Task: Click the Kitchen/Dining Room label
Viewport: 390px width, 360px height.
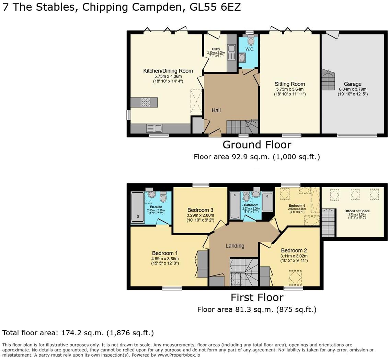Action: click(168, 71)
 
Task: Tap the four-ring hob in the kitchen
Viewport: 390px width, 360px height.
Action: click(146, 102)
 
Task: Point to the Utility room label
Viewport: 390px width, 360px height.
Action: click(216, 49)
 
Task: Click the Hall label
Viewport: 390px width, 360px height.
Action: click(216, 110)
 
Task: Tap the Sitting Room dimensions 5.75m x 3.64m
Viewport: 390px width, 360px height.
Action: click(290, 89)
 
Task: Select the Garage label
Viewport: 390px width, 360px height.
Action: click(353, 84)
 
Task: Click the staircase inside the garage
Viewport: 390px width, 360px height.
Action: click(328, 79)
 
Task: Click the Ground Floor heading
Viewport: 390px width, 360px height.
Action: click(257, 145)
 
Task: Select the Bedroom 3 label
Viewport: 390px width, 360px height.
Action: click(200, 210)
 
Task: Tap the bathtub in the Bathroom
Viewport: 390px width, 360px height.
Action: click(236, 205)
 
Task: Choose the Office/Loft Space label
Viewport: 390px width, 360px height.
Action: click(357, 211)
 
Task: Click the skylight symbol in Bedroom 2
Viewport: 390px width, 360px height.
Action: click(295, 278)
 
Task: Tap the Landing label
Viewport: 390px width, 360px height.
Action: click(235, 246)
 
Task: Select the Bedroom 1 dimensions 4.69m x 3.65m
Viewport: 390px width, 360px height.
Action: click(165, 259)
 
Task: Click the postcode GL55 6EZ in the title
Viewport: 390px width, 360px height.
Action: click(215, 7)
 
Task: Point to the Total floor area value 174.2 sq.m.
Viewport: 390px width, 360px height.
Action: click(82, 333)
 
